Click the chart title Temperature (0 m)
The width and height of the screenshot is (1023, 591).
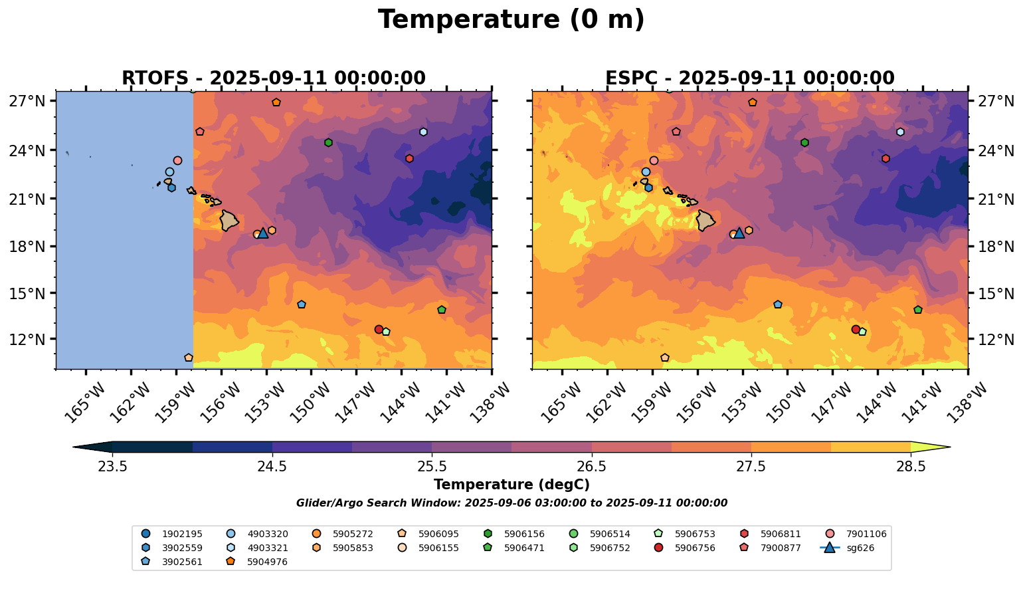(x=511, y=19)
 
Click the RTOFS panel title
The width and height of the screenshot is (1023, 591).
(x=273, y=78)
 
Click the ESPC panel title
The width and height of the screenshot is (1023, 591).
(x=749, y=78)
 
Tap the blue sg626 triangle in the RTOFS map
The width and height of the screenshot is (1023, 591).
(x=263, y=233)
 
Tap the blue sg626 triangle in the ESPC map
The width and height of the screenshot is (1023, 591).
(x=739, y=233)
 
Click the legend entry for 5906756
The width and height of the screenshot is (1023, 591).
(x=695, y=548)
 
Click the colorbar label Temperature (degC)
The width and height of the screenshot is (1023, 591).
(x=511, y=485)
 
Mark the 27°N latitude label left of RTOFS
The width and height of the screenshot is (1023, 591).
(x=27, y=101)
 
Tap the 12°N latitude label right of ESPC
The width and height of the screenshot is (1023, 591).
(x=996, y=339)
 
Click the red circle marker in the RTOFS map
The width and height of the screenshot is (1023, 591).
(x=379, y=329)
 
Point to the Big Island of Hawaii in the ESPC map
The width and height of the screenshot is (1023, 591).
(x=705, y=220)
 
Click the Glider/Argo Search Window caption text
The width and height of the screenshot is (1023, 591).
(x=511, y=503)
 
